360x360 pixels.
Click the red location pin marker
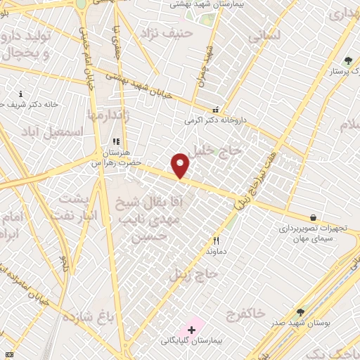(181, 165)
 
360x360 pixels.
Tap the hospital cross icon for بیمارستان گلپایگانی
(191, 329)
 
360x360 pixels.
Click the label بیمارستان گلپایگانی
(191, 341)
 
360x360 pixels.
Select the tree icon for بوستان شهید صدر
(301, 313)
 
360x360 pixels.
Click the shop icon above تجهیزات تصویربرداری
(313, 218)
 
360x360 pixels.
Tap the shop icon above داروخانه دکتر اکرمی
(215, 110)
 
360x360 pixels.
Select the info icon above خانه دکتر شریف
(20, 94)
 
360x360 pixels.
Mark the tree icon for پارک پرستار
(347, 61)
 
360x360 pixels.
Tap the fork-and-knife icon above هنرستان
(116, 142)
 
